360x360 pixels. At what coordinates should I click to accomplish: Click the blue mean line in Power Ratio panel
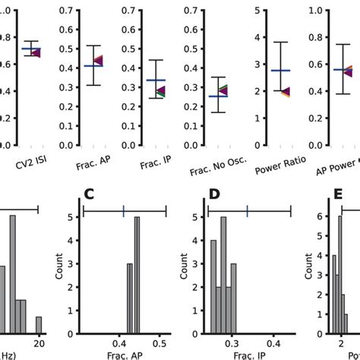[280, 71]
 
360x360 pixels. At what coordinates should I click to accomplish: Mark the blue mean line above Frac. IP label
[156, 80]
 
